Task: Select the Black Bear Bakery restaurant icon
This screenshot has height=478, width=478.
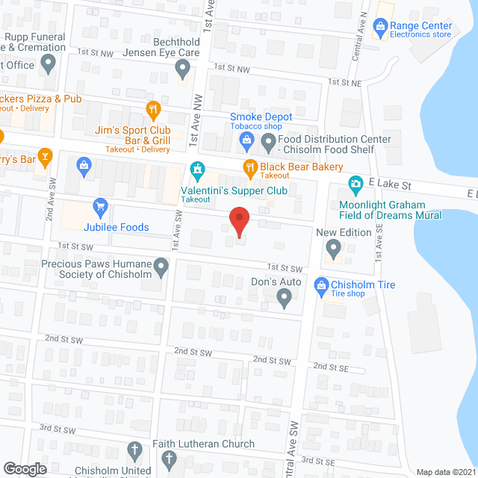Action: tap(250, 167)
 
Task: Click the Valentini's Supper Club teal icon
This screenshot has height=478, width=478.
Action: tap(197, 170)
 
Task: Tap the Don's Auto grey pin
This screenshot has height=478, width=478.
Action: tap(284, 298)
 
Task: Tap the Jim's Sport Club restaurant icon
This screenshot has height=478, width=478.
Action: tap(153, 110)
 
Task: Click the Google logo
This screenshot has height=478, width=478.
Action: tap(25, 468)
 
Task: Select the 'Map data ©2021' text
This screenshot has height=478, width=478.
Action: tap(445, 471)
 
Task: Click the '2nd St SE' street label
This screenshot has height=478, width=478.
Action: tap(331, 366)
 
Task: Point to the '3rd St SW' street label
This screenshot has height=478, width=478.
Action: tap(58, 429)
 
